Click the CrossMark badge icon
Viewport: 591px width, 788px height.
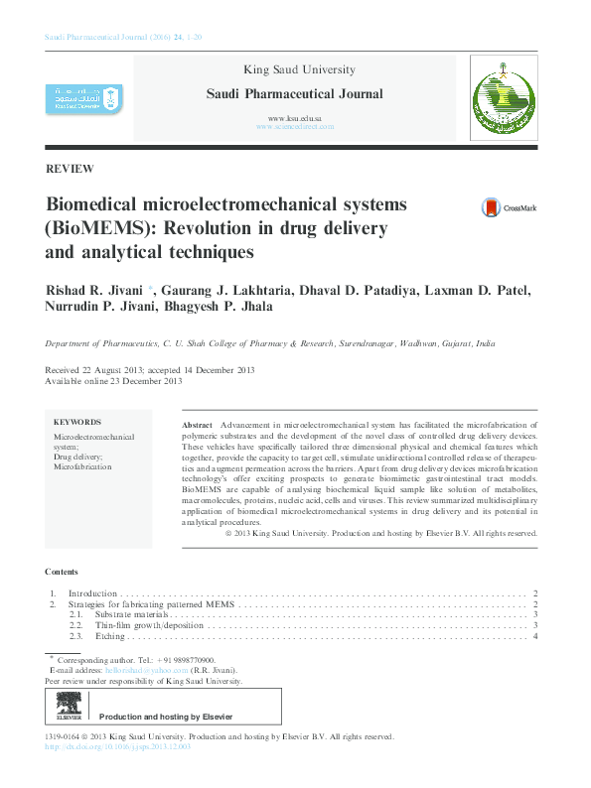click(x=491, y=208)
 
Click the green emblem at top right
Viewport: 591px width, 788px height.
click(x=502, y=97)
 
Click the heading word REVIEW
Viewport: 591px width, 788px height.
click(x=70, y=169)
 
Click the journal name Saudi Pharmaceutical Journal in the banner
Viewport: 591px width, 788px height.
click(x=293, y=94)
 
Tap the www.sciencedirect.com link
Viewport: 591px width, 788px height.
click(x=294, y=127)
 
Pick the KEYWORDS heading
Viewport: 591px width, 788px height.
click(x=76, y=422)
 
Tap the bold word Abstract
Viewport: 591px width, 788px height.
click(x=198, y=425)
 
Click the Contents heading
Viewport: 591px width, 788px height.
click(x=61, y=573)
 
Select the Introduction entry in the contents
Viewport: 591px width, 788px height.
click(x=92, y=592)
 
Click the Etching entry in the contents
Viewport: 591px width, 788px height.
click(x=109, y=636)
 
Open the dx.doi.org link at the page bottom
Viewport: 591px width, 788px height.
click(x=118, y=746)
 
